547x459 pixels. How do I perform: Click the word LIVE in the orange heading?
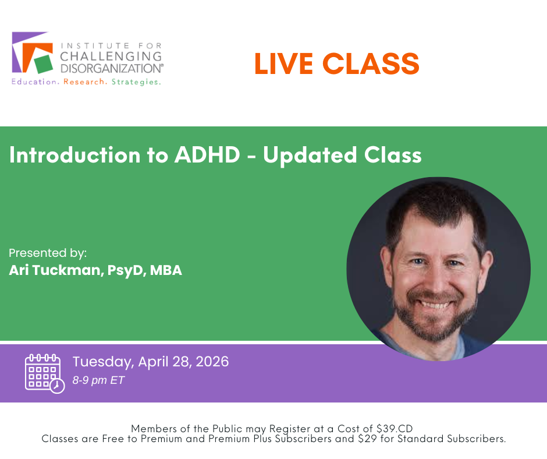pos(283,63)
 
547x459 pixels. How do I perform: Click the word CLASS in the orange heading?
pos(371,63)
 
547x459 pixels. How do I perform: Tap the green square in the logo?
pos(43,64)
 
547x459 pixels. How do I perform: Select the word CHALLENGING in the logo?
pos(111,57)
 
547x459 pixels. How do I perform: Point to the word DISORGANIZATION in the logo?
pos(111,68)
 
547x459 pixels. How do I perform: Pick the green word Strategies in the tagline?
pos(136,82)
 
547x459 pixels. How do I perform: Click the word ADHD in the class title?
pos(207,155)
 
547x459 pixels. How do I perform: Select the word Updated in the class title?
pos(310,156)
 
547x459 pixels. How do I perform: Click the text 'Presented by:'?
pos(48,253)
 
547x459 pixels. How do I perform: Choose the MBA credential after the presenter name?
pos(166,270)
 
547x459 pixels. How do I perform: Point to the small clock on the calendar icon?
pos(57,386)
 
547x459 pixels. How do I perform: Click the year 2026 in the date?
pos(212,362)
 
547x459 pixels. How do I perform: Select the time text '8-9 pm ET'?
pos(98,380)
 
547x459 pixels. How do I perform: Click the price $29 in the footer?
pos(367,439)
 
